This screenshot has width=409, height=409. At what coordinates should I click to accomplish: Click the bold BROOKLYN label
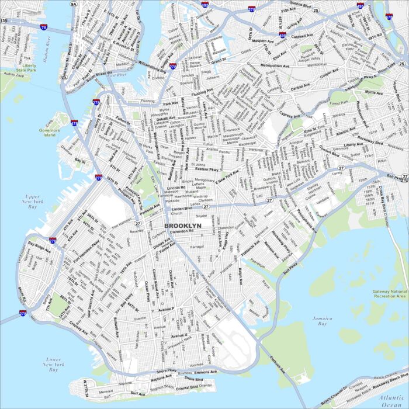point(182,225)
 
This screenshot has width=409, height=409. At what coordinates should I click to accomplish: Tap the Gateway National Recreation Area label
point(389,293)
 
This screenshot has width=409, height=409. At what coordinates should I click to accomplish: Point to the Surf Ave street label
point(138,394)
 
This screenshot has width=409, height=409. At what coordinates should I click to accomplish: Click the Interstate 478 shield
point(74,123)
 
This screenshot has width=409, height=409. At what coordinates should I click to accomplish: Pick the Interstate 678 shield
point(389,17)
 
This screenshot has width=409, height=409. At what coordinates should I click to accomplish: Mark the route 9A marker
point(74,4)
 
